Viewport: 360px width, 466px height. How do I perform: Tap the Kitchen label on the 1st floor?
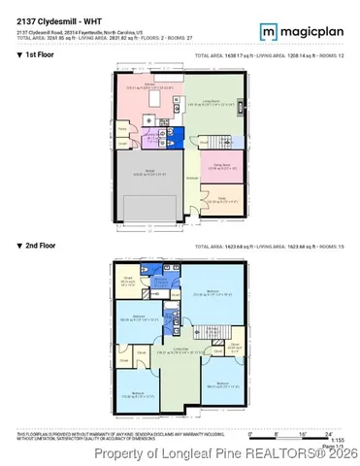point(151,85)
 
